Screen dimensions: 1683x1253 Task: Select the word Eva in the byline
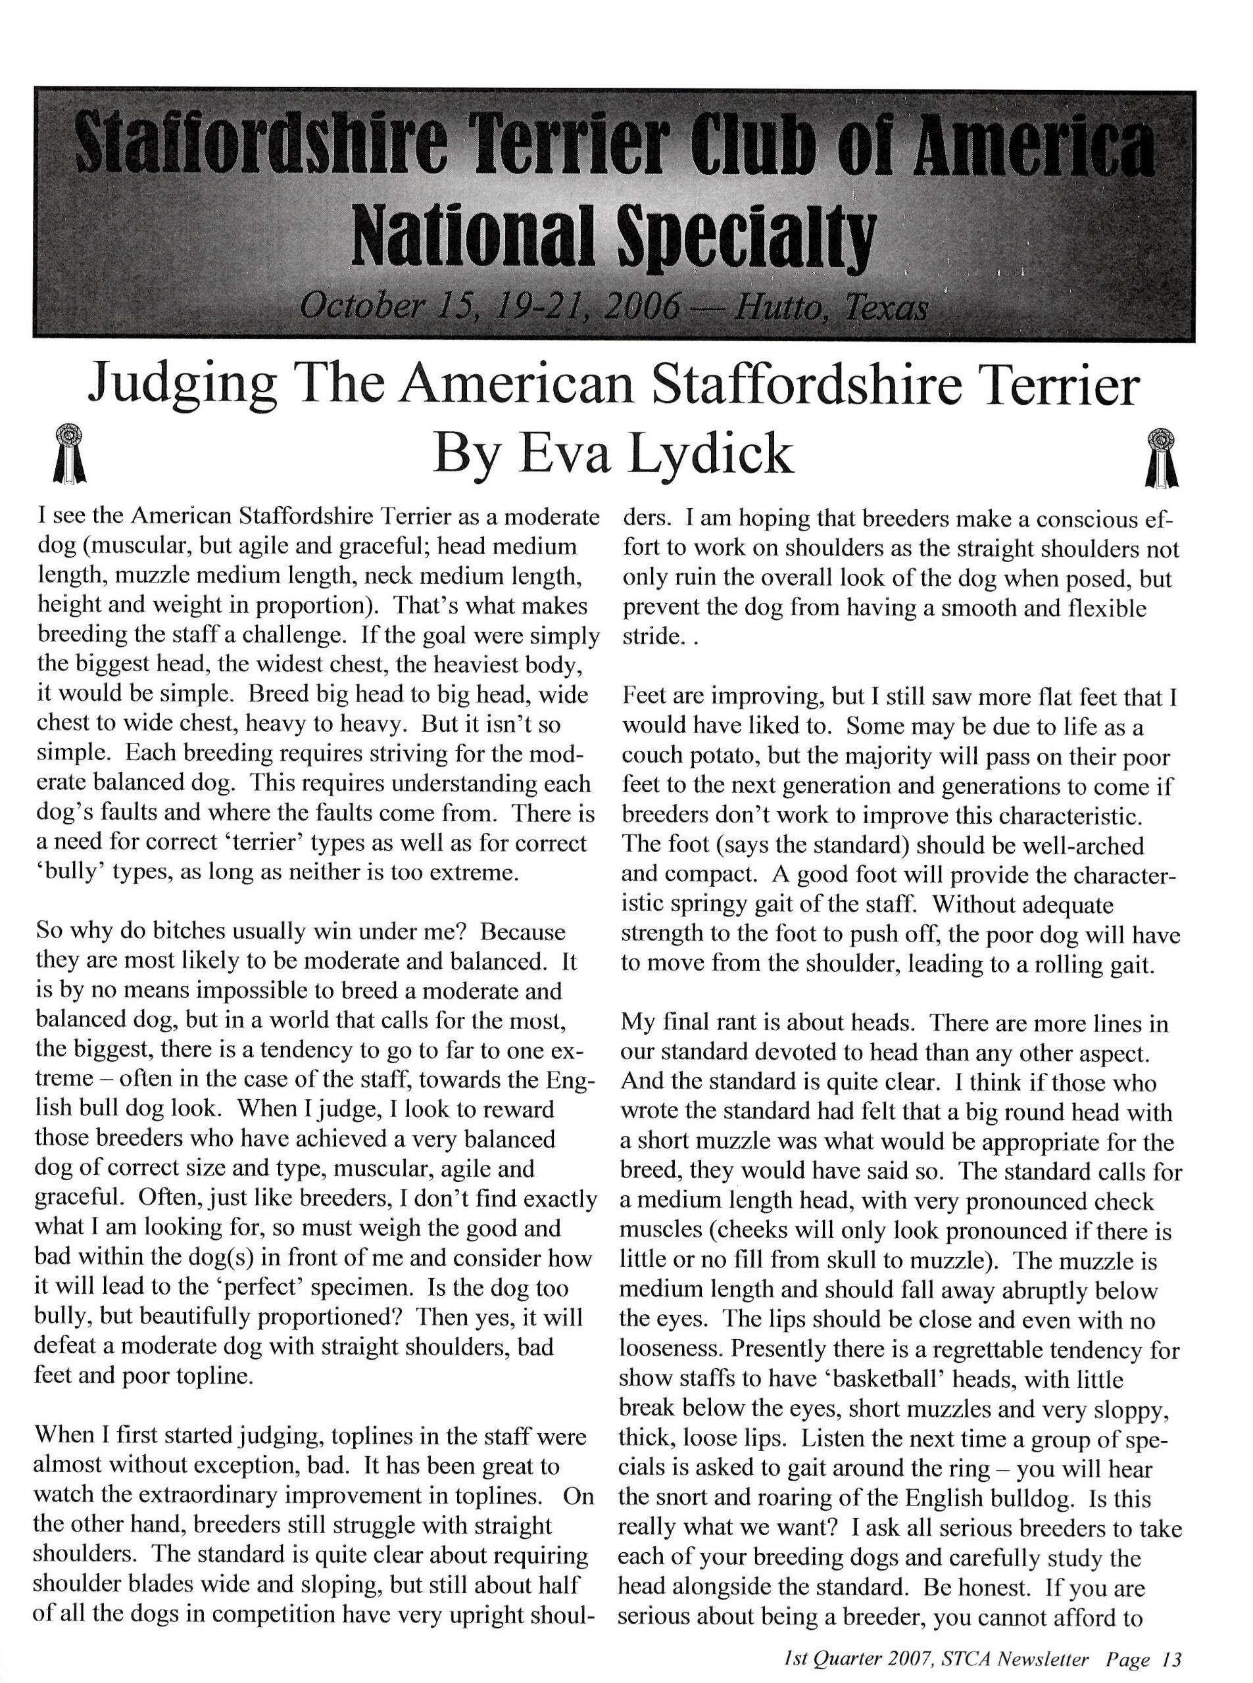point(563,454)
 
